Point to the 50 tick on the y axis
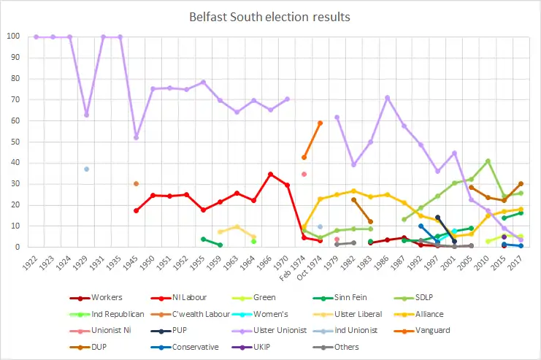pyautogui.click(x=15, y=142)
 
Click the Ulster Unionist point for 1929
pyautogui.click(x=87, y=115)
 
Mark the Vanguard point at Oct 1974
pyautogui.click(x=320, y=123)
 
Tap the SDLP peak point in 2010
pyautogui.click(x=488, y=161)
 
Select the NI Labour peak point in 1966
pyautogui.click(x=270, y=174)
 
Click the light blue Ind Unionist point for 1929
pyautogui.click(x=87, y=169)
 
